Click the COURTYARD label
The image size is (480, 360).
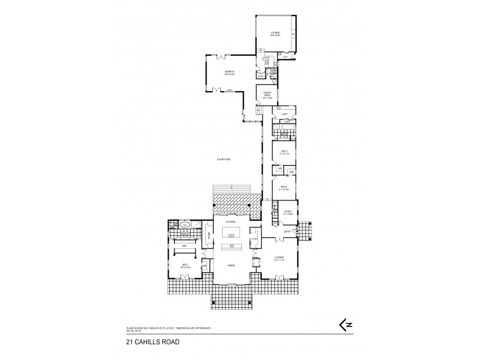tap(224, 159)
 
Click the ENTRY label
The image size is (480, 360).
tap(287, 231)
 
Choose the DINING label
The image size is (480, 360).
tap(230, 265)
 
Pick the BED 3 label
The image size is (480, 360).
tap(284, 152)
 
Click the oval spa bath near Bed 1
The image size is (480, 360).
tap(185, 226)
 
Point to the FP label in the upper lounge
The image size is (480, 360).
tap(293, 35)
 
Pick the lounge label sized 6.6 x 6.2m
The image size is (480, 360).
tap(275, 34)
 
